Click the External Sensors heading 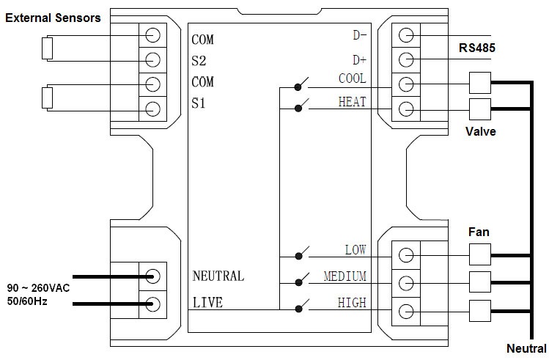[x=54, y=17]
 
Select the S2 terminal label [x=199, y=62]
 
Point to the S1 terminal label [x=199, y=103]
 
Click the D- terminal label [x=359, y=34]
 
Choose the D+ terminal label [x=359, y=59]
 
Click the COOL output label [x=352, y=78]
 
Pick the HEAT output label [x=352, y=102]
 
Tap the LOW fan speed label [x=355, y=250]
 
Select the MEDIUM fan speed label [x=344, y=276]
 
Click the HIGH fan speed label [x=352, y=302]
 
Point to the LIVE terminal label [x=207, y=302]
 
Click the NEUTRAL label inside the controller [x=218, y=276]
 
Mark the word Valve [x=481, y=132]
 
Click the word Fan [x=479, y=232]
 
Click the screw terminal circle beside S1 [x=153, y=109]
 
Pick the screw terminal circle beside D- [x=405, y=34]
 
